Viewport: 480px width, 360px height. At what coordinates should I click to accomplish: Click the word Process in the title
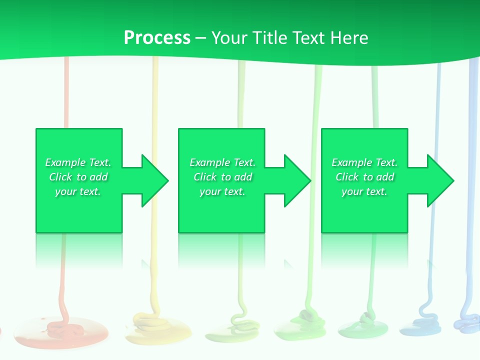(x=157, y=37)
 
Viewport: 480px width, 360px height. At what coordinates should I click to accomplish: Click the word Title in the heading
(x=270, y=37)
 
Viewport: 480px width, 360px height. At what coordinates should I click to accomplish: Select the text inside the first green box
(x=78, y=177)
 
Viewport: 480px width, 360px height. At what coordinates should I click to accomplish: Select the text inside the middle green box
(x=222, y=177)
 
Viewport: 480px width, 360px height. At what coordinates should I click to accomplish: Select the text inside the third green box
(x=364, y=177)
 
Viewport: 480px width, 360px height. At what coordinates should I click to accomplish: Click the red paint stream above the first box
(x=65, y=95)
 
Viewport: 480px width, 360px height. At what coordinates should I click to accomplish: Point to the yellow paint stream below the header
(x=155, y=95)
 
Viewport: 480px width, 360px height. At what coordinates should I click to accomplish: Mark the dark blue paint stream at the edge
(x=472, y=100)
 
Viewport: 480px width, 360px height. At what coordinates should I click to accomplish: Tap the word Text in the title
(x=307, y=37)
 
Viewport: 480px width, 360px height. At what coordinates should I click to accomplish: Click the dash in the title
(x=201, y=38)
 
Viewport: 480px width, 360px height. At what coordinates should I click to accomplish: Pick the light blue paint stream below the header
(x=438, y=100)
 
